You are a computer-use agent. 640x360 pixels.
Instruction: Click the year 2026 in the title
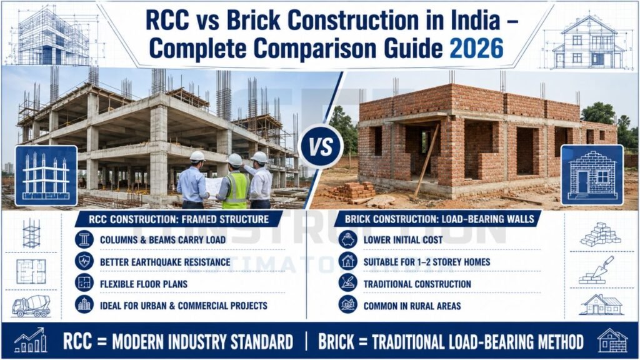476,49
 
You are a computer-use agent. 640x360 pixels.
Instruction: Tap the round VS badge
321,146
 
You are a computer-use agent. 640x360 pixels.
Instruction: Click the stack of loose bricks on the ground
354,192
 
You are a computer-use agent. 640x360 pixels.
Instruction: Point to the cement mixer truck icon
31,306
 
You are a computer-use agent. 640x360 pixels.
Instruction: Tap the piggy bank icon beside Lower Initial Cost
347,239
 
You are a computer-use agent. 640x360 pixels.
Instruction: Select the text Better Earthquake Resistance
165,262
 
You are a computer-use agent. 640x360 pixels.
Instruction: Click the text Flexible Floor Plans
144,284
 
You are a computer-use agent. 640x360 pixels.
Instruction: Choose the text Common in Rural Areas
412,306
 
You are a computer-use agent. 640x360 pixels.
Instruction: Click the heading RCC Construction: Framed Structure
179,219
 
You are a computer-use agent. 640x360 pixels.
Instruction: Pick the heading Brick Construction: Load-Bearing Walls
439,219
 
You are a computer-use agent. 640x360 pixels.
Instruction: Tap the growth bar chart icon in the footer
30,340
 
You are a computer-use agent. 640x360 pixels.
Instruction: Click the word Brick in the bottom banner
336,342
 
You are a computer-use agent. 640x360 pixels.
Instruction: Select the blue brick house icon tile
592,175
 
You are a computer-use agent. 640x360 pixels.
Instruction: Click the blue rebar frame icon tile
46,176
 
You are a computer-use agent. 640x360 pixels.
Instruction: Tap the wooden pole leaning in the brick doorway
426,161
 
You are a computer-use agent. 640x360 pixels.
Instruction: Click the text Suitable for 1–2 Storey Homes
427,262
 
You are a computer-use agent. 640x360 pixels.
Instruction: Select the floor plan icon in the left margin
31,271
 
